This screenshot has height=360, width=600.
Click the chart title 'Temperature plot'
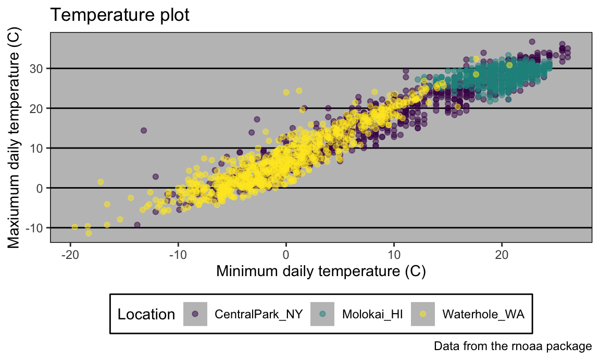point(119,16)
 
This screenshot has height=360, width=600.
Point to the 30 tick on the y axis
point(40,68)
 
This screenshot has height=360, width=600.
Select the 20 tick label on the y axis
point(40,108)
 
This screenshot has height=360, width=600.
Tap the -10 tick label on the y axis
point(37,228)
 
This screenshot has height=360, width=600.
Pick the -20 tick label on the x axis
point(70,255)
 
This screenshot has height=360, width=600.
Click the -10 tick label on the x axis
point(178,255)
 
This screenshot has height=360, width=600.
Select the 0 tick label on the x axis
point(286,255)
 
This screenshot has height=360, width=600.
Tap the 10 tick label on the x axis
point(394,255)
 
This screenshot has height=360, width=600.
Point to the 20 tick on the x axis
point(502,255)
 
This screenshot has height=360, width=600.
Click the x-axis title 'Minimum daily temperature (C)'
point(321,271)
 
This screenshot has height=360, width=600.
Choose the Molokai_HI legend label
point(372,314)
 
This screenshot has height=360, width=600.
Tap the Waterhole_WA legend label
point(483,314)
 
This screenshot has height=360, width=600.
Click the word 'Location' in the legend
point(146,314)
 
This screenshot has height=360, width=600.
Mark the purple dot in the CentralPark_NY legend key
point(195,314)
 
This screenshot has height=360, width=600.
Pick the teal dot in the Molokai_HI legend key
point(322,314)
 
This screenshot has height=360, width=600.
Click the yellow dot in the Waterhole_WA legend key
point(423,314)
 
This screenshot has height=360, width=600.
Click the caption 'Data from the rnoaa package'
point(512,346)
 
